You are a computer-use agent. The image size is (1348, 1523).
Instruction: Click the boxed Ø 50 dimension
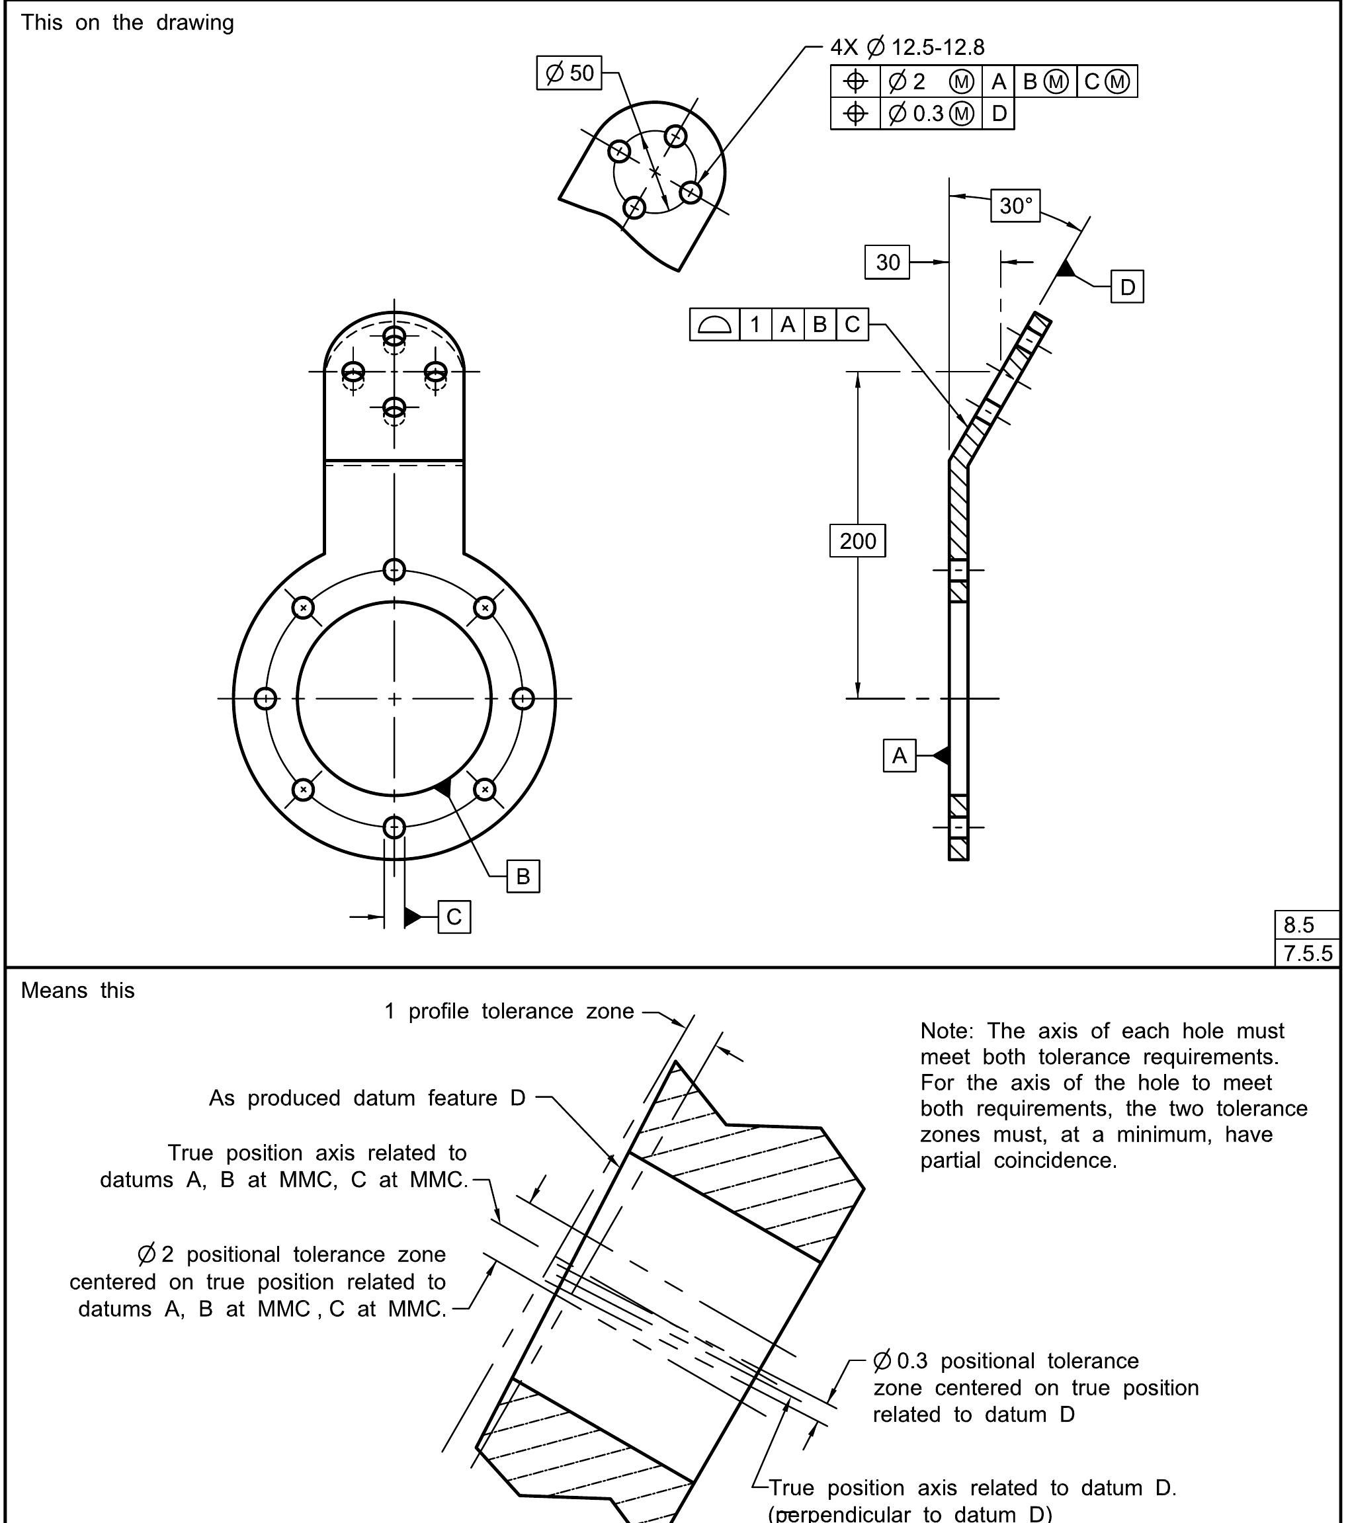point(569,73)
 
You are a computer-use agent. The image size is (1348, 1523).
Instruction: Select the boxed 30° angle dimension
point(1015,206)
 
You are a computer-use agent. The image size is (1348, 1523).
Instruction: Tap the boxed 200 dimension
point(857,541)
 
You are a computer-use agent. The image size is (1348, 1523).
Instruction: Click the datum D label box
point(1126,287)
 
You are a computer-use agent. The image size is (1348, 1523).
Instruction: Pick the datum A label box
point(899,755)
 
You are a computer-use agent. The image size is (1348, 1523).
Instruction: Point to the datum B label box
point(523,876)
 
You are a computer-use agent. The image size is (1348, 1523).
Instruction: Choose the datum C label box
point(454,917)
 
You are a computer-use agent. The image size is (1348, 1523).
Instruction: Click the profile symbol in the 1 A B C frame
point(714,325)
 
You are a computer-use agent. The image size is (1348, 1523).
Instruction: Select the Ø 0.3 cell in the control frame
point(930,113)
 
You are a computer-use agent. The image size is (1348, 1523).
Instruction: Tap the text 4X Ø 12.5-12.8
point(907,48)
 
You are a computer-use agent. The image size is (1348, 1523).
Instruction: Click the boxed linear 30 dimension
point(887,263)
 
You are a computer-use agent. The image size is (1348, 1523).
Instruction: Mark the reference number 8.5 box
point(1306,925)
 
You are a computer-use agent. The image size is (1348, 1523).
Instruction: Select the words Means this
point(77,990)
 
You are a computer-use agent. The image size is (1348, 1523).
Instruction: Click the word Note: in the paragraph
point(947,1030)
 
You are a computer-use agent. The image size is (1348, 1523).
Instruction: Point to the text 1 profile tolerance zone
point(509,1011)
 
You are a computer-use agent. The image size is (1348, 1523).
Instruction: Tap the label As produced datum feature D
point(366,1098)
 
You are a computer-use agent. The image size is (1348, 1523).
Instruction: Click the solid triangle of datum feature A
point(942,755)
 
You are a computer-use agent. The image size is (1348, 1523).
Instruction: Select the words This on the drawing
point(127,22)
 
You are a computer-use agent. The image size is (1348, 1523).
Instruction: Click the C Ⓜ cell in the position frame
point(1107,81)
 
